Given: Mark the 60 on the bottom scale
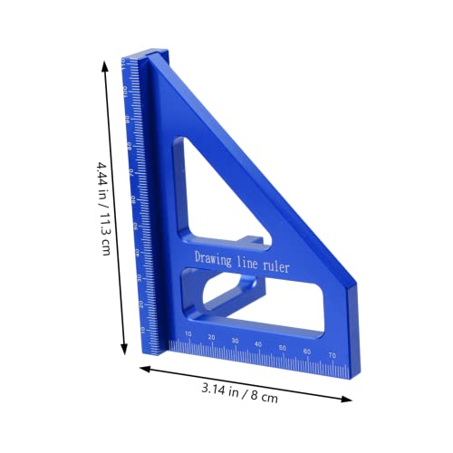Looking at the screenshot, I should point(307,350).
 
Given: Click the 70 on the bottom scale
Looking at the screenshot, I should point(332,352).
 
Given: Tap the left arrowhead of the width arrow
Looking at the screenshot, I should point(143,368).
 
